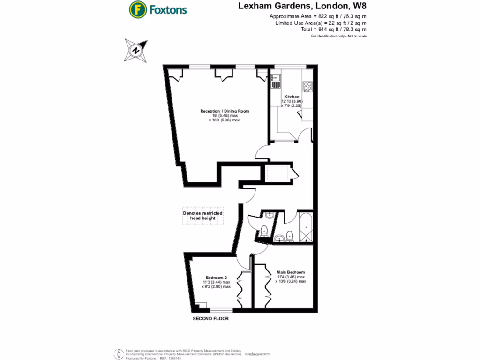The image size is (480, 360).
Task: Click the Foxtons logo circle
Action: click(137, 9)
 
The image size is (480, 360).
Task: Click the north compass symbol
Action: click(136, 50)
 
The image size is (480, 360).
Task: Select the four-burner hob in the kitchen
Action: click(308, 87)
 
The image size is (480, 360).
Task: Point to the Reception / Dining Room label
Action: click(225, 111)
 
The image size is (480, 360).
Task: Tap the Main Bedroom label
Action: click(291, 272)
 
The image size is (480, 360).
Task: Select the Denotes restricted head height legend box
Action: click(202, 217)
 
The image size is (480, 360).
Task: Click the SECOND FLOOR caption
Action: click(211, 318)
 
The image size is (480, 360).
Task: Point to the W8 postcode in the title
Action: click(357, 6)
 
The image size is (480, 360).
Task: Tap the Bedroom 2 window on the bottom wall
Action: click(221, 310)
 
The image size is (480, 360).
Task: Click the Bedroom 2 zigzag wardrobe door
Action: click(240, 287)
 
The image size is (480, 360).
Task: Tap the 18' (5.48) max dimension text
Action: click(224, 116)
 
